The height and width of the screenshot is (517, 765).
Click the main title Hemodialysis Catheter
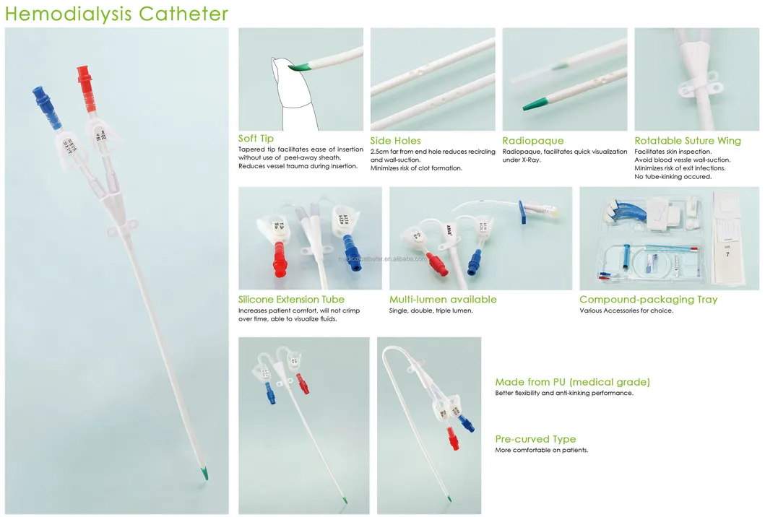pos(116,13)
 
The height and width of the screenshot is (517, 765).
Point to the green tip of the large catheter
pos(206,474)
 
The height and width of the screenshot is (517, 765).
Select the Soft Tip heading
pos(256,139)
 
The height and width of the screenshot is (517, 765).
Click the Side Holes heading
pos(395,141)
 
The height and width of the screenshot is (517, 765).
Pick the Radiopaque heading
pos(532,141)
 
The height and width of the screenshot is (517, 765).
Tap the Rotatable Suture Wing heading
pos(687,141)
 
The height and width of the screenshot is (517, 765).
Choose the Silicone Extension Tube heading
pos(291,299)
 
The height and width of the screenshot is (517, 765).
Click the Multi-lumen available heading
pos(443,299)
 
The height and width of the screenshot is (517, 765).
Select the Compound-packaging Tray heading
pos(648,299)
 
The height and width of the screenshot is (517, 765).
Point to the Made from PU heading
pos(572,382)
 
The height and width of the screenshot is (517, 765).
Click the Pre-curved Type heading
pos(535,439)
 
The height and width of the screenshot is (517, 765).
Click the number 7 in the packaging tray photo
pos(727,253)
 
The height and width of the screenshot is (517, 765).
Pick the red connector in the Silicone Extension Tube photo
pos(279,258)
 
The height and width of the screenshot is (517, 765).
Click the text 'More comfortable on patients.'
pos(541,450)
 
